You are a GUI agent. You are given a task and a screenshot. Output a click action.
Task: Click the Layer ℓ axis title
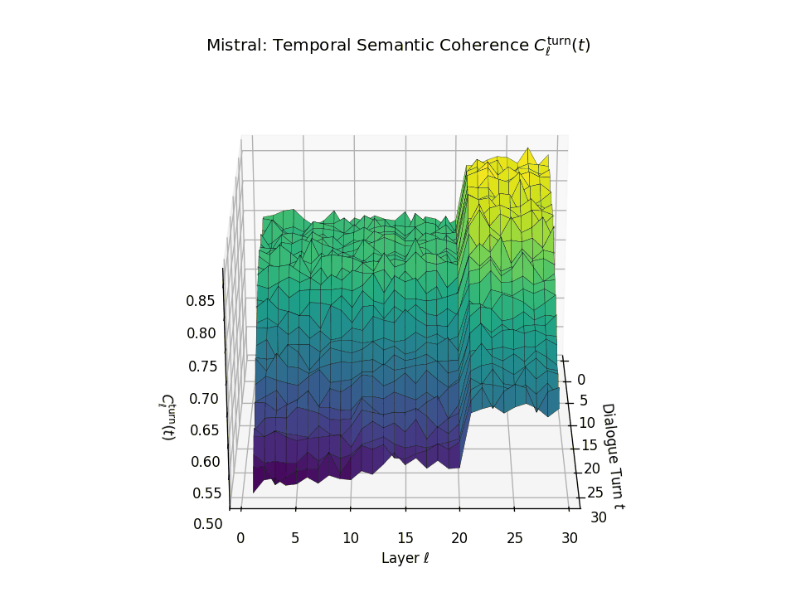point(405,558)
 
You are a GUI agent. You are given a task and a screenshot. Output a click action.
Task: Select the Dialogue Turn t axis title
point(613,455)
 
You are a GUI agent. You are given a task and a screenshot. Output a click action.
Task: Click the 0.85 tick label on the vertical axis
point(201,301)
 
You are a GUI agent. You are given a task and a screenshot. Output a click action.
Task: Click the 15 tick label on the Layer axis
point(405,537)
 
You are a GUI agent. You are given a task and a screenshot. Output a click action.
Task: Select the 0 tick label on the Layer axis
point(240,537)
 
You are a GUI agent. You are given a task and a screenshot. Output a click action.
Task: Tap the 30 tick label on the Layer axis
point(569,537)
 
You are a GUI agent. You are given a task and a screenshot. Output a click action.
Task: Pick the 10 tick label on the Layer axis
point(350,537)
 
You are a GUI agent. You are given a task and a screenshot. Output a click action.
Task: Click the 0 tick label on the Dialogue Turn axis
point(581,379)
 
